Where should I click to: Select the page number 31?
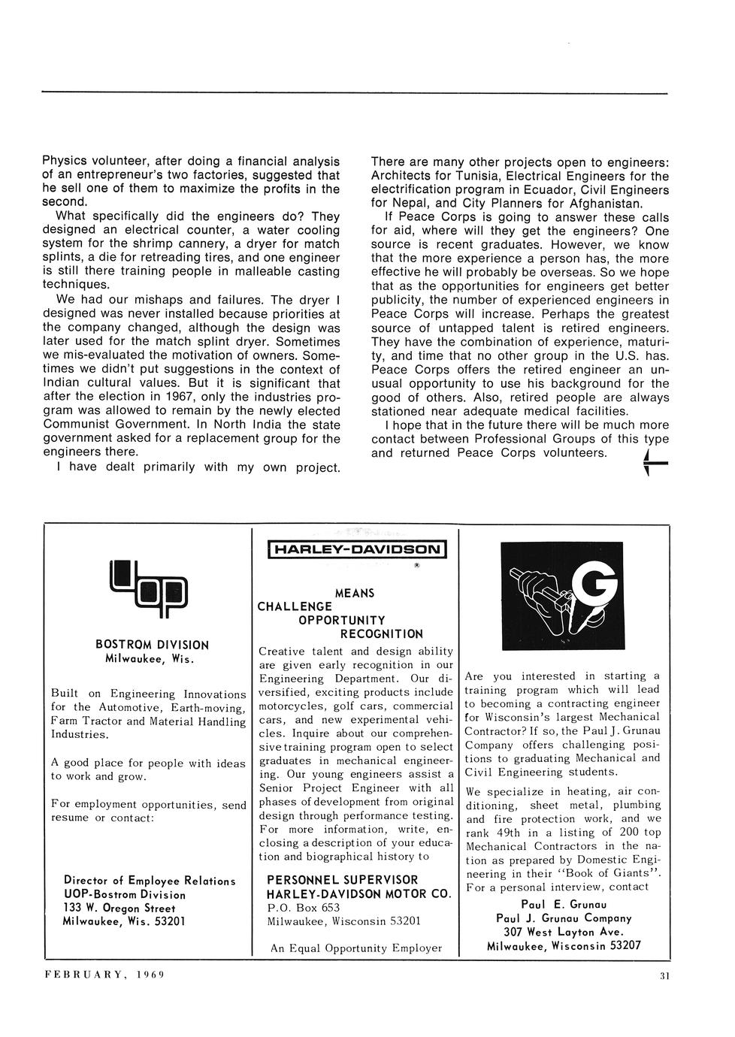[x=664, y=976]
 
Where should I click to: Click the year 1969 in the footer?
[x=150, y=975]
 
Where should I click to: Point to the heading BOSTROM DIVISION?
[x=152, y=645]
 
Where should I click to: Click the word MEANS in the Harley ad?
[x=355, y=593]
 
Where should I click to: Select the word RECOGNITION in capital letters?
[x=382, y=634]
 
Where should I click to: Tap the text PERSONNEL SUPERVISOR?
[x=342, y=879]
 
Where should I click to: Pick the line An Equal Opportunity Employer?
[x=356, y=948]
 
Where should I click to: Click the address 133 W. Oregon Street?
[x=119, y=908]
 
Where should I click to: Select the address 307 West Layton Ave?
[x=564, y=932]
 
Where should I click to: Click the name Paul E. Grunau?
[x=564, y=904]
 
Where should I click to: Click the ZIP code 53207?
[x=621, y=945]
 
